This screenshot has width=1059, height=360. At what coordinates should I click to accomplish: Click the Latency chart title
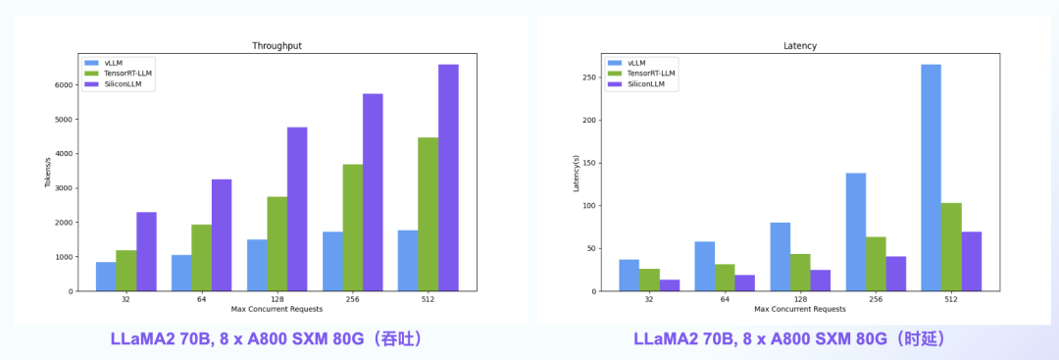click(800, 45)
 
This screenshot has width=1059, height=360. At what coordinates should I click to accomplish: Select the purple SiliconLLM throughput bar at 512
click(448, 178)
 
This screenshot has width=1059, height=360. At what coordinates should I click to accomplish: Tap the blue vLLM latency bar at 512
click(931, 178)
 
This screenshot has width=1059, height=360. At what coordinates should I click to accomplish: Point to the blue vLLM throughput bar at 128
click(257, 265)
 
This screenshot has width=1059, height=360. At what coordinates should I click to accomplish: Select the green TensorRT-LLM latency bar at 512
click(951, 246)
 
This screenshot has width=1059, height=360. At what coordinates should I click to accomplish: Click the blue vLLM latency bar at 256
click(856, 231)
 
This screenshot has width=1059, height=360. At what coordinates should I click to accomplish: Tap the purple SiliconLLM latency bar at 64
click(745, 283)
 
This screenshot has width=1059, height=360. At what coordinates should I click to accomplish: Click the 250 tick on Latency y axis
click(588, 77)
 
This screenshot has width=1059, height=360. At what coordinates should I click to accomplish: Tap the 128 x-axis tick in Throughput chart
click(277, 299)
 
